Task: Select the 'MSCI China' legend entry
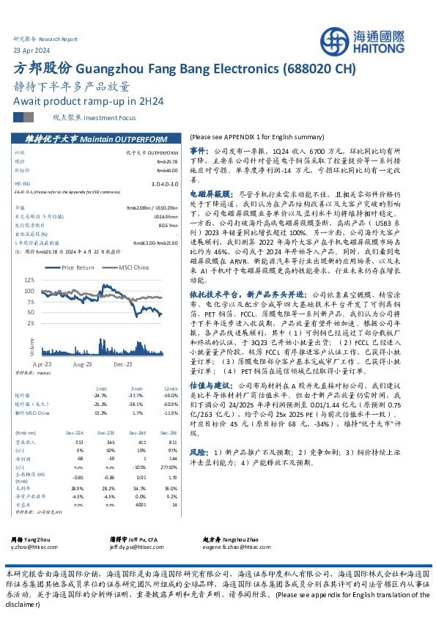point(135,268)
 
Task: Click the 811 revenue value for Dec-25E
point(172,422)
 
